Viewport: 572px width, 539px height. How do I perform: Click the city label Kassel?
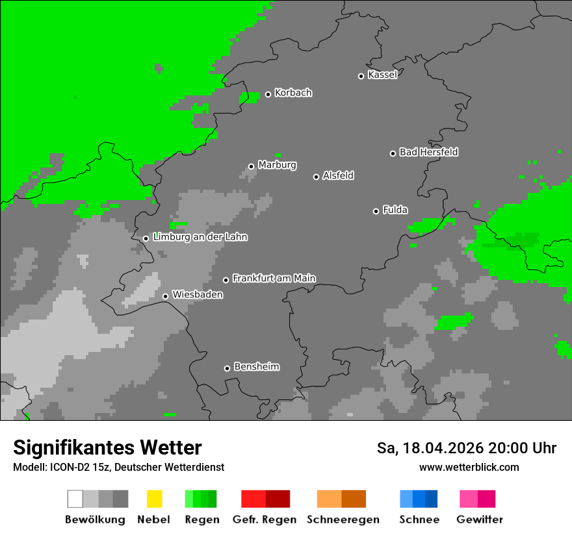tap(382, 75)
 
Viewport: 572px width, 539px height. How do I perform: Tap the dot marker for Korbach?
tap(268, 94)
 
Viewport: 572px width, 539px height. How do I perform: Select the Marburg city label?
tap(277, 165)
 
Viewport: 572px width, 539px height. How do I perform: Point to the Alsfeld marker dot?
tap(317, 177)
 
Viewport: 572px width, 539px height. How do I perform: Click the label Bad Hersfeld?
tap(428, 152)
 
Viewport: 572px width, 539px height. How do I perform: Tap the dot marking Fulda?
tap(376, 211)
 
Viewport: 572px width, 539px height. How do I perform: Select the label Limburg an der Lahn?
tap(200, 237)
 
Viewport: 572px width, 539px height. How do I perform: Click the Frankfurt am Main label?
tap(274, 279)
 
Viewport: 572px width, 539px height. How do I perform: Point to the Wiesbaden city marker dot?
tap(165, 296)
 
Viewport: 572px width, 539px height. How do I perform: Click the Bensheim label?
tap(256, 367)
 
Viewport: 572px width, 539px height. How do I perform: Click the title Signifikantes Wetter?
tap(107, 447)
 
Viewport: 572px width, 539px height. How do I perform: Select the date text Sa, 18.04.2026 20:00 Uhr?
tap(466, 448)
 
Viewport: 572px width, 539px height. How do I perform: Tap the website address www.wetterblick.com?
tap(469, 467)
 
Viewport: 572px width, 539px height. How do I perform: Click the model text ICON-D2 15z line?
tap(118, 467)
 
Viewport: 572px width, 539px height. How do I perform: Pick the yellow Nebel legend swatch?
tap(154, 499)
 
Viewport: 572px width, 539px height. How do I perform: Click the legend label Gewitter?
tap(479, 520)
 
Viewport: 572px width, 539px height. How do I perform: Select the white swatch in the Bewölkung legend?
tap(75, 499)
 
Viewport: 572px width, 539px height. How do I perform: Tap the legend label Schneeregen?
tap(343, 520)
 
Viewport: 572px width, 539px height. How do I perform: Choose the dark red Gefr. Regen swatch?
tap(278, 499)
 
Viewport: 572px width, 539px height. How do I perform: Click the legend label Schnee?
tap(419, 520)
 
